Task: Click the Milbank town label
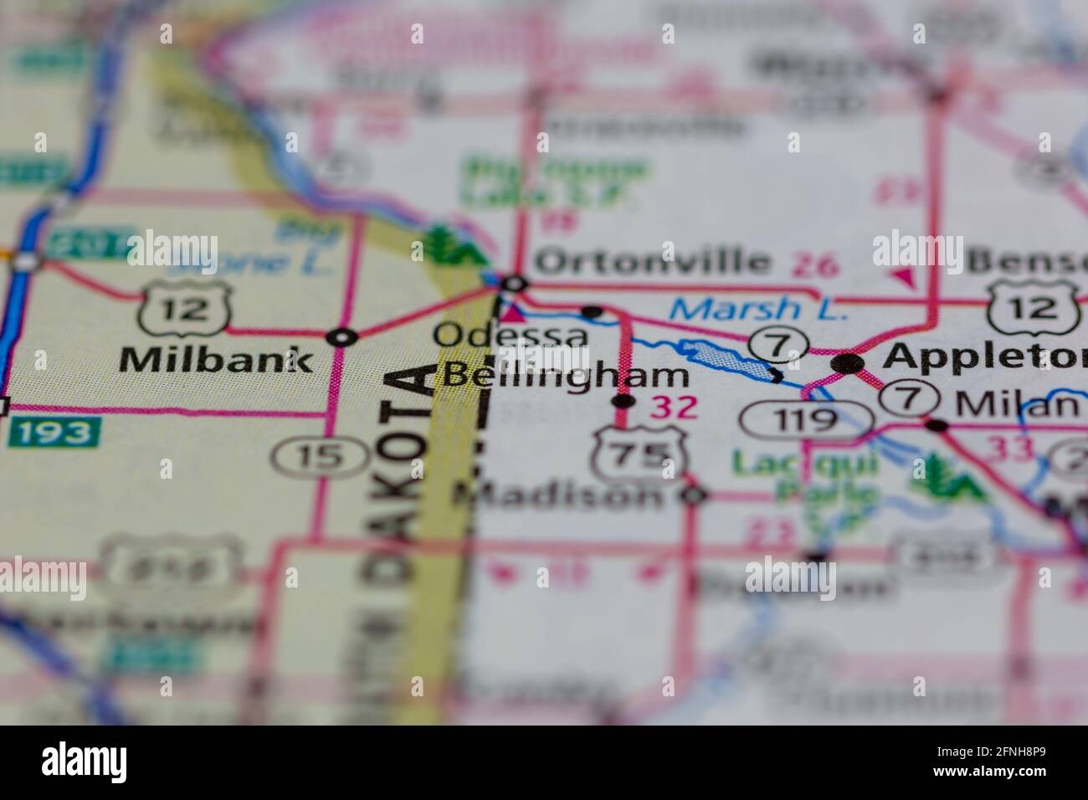(x=216, y=360)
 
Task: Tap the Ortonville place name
(x=652, y=261)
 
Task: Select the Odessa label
(x=511, y=336)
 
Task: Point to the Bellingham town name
(x=567, y=375)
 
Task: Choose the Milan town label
(x=1017, y=404)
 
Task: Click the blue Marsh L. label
(x=759, y=310)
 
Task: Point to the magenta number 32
(x=675, y=408)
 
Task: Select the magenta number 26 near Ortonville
(x=814, y=267)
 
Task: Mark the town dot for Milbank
(x=341, y=337)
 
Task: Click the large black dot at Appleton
(x=848, y=363)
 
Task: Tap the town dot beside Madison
(x=694, y=496)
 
